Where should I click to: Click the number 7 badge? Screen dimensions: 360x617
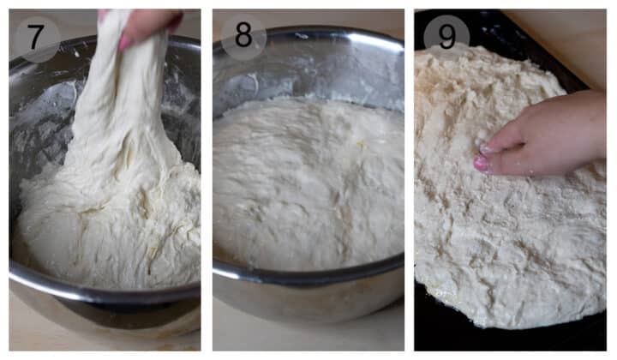[x=36, y=38]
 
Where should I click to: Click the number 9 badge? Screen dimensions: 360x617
[x=446, y=37]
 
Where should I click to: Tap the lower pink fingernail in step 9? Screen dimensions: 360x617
[x=483, y=163]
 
